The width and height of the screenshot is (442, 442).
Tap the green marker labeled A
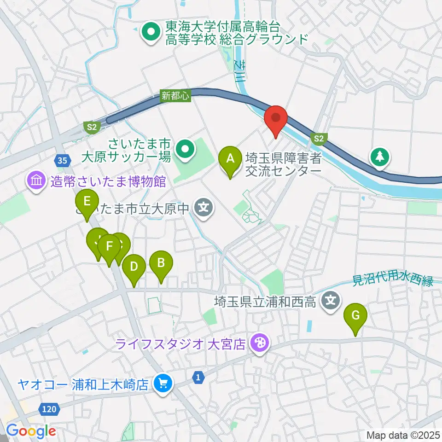(231, 159)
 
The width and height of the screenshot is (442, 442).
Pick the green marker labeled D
(134, 267)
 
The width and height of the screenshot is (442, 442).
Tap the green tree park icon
(380, 157)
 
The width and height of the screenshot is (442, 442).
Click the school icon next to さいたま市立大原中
(204, 209)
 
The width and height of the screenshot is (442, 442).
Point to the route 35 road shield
(62, 160)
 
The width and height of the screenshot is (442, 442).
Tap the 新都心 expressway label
(171, 95)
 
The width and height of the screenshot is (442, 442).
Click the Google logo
(31, 431)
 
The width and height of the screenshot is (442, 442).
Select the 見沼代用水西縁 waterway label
(393, 280)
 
